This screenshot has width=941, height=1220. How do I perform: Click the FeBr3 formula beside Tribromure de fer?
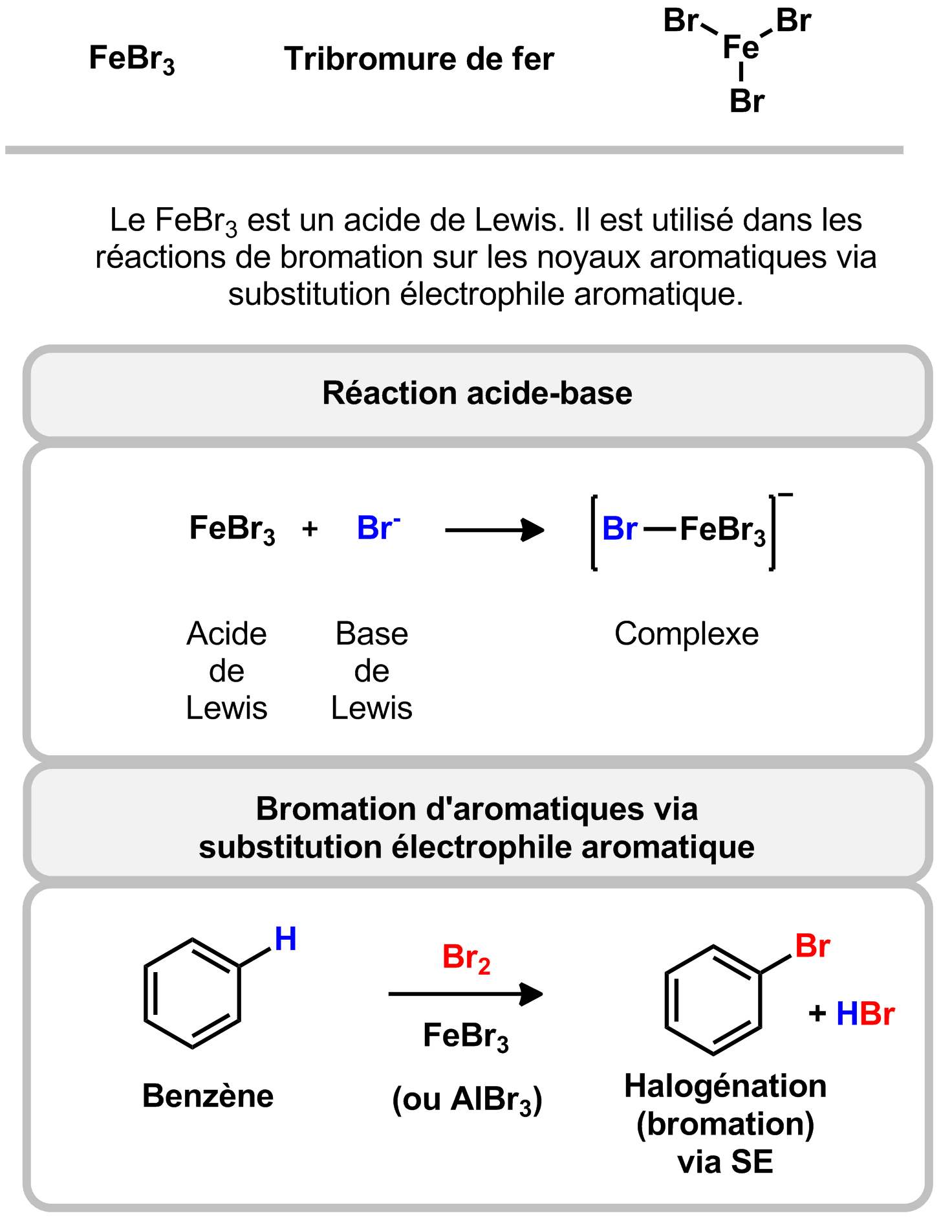[x=131, y=59]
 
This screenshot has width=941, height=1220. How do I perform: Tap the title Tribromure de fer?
[x=418, y=59]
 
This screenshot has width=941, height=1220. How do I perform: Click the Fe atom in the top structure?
[x=741, y=47]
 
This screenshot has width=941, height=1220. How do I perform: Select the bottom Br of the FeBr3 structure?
[x=747, y=101]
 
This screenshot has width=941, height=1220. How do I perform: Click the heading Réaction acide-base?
[x=477, y=393]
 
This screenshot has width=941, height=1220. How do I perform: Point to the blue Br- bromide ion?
[x=378, y=528]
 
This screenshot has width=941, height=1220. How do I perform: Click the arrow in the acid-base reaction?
[x=494, y=530]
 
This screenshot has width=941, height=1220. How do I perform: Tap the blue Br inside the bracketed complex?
[x=619, y=529]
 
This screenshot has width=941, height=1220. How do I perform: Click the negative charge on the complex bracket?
[x=785, y=496]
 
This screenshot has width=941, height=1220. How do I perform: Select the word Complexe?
[x=686, y=634]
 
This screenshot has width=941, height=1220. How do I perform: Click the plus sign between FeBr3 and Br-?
[x=310, y=529]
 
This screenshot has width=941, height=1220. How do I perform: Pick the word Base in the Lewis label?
[x=371, y=634]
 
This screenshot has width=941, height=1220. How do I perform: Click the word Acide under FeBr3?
[x=226, y=634]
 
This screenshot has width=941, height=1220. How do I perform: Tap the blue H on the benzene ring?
[x=285, y=939]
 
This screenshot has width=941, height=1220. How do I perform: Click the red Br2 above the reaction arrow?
[x=466, y=958]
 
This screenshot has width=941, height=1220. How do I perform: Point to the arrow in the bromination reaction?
[x=465, y=993]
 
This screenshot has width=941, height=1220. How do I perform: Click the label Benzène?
[x=208, y=1096]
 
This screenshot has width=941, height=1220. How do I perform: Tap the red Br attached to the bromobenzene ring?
[x=812, y=946]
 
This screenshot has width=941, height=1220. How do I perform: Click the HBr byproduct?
[x=865, y=1014]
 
